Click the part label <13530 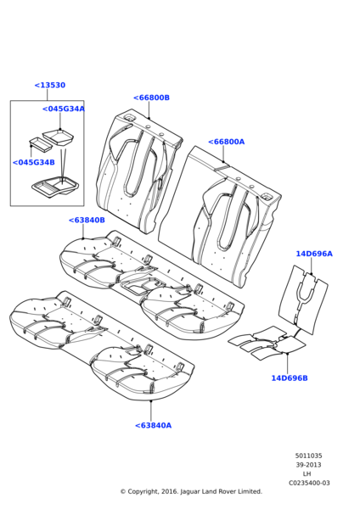(x=50, y=85)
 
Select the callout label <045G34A (x=64, y=109)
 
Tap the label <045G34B (x=33, y=162)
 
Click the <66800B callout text (x=151, y=98)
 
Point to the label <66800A (x=226, y=142)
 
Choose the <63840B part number (x=87, y=220)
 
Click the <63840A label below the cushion (x=153, y=425)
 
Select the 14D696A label (x=314, y=254)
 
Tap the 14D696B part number (x=290, y=378)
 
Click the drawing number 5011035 (x=309, y=456)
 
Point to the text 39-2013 (x=308, y=465)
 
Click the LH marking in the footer (x=307, y=474)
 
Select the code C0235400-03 (x=309, y=483)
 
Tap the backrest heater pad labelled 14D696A (x=303, y=299)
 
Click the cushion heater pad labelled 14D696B (x=267, y=343)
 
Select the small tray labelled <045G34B (x=41, y=144)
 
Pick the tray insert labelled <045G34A (x=58, y=137)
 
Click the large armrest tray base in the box (x=55, y=187)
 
